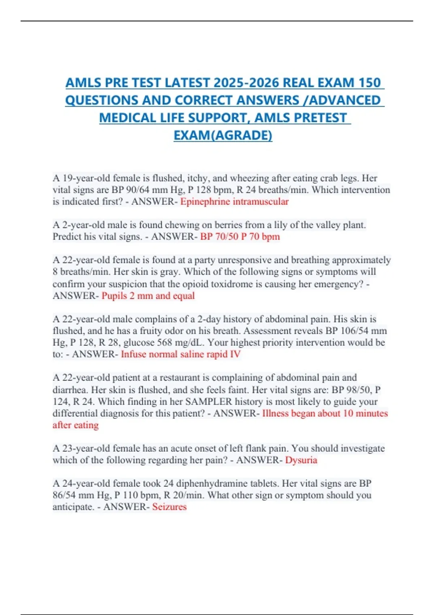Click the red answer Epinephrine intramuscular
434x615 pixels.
tap(234, 202)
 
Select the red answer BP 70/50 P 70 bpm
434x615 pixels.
tap(240, 237)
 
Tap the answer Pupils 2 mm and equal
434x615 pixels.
tap(148, 296)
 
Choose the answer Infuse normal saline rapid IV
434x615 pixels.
tap(180, 354)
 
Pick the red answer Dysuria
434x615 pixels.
tap(301, 460)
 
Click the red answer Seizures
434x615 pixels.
tap(169, 506)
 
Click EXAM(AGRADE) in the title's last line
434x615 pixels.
tap(223, 135)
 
